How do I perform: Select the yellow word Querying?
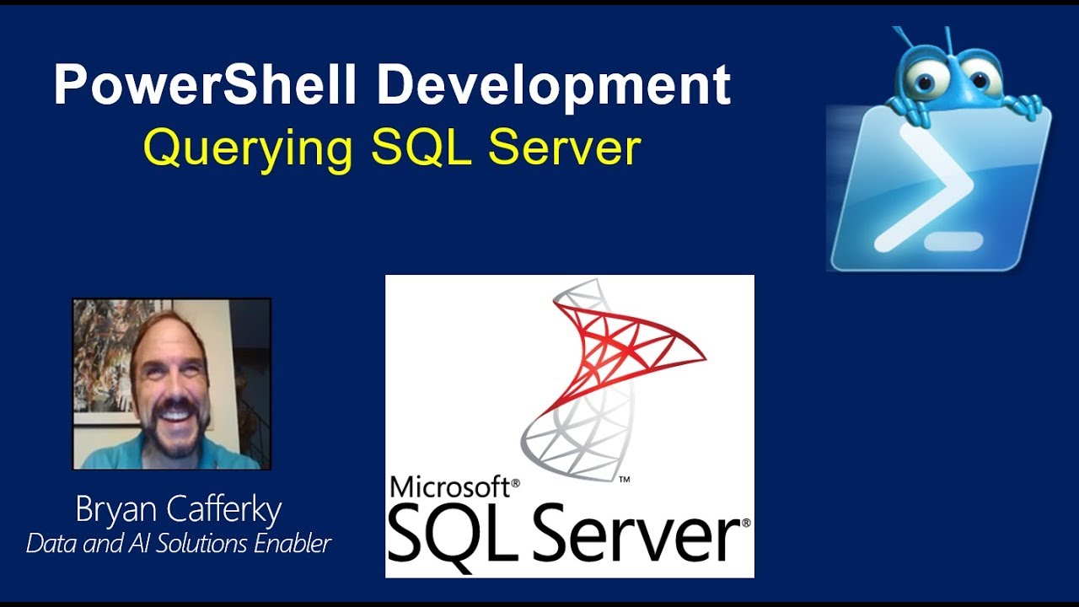(248, 148)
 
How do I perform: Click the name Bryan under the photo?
(114, 511)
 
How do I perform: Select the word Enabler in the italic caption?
(291, 544)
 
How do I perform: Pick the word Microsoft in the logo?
(450, 487)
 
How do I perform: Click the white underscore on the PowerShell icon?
(953, 242)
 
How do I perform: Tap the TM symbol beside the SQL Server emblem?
(625, 480)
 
